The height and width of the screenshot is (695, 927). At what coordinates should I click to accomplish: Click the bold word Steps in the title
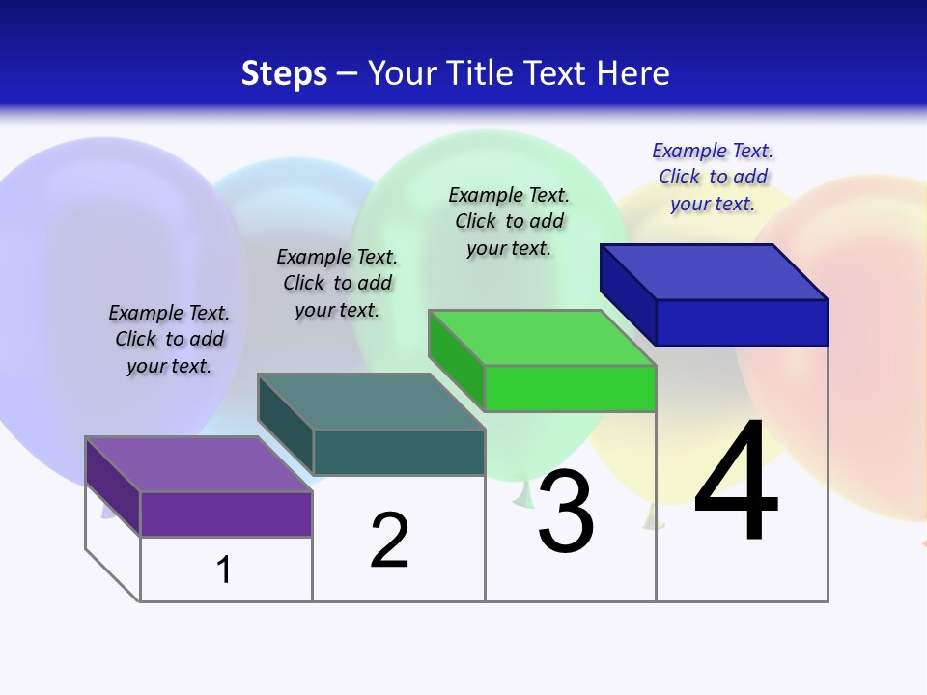284,73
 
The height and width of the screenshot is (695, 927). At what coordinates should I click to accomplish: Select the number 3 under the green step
566,511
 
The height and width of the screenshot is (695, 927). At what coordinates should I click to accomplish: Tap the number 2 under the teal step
389,541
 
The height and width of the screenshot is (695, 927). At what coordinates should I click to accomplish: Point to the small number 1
224,570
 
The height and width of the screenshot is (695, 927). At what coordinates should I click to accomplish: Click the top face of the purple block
199,464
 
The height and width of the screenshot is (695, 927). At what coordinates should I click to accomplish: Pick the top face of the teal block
371,402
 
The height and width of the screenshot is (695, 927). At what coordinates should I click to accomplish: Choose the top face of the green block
543,338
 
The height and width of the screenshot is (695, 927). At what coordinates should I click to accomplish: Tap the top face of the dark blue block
715,272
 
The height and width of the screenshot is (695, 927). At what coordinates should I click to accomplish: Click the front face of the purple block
226,514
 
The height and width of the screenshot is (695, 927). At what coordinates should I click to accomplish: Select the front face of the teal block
399,452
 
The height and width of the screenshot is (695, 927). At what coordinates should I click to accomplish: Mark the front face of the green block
570,388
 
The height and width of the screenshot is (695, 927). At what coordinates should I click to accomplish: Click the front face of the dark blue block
742,322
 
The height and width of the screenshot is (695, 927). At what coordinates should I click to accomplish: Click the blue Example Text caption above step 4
713,177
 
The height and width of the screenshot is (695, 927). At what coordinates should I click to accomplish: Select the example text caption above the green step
509,221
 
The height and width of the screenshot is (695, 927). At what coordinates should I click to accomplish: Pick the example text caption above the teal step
337,283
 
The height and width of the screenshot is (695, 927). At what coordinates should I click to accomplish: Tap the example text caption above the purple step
169,339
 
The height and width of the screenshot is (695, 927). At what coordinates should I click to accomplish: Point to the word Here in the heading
634,73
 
